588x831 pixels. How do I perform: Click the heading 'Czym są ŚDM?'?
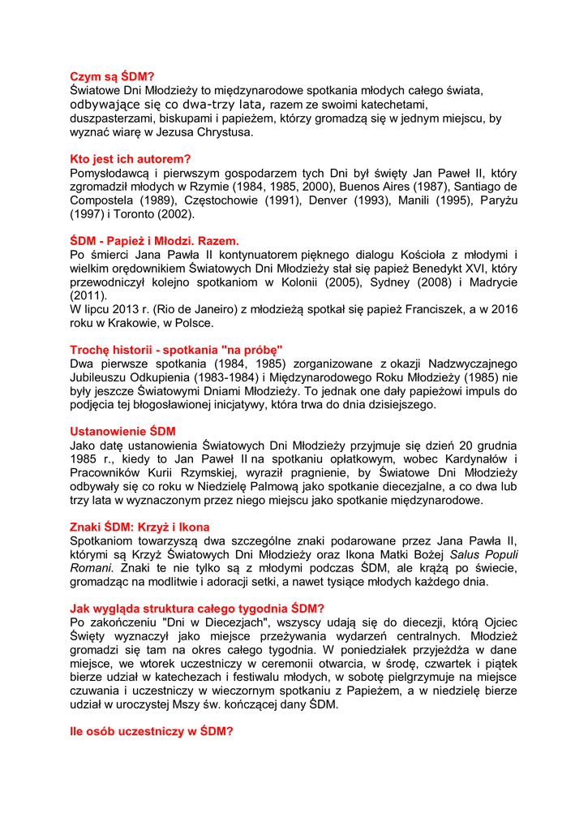(x=112, y=76)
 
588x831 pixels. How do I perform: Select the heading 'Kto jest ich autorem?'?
(x=131, y=159)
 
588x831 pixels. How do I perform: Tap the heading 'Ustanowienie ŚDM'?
(x=122, y=431)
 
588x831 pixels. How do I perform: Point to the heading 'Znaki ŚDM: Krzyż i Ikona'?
(x=140, y=527)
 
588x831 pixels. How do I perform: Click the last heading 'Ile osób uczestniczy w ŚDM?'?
(x=152, y=731)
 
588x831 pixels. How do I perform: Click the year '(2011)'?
(x=88, y=296)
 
